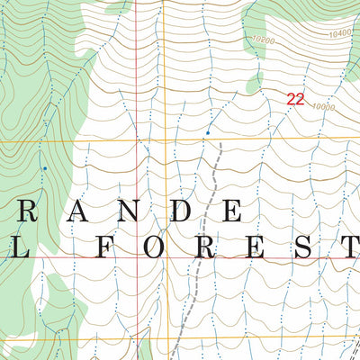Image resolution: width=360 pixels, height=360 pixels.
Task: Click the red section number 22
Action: [294, 100]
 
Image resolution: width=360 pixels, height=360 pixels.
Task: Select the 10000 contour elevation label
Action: [324, 107]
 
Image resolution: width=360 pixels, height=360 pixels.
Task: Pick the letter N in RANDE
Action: [129, 211]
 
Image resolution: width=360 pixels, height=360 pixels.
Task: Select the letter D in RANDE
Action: [180, 211]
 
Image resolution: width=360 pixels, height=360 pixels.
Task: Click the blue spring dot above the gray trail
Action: [208, 133]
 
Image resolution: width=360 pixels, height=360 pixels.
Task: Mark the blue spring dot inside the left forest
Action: [44, 167]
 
